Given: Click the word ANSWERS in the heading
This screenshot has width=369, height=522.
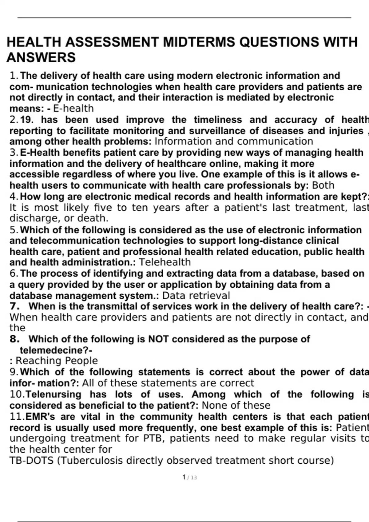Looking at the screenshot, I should [x=41, y=57].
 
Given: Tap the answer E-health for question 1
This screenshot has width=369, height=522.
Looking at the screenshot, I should [x=73, y=108].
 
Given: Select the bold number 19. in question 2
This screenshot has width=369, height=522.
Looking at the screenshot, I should [x=27, y=119].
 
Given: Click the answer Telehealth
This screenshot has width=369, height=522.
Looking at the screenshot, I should [x=165, y=262].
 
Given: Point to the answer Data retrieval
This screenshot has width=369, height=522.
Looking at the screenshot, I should [x=196, y=295].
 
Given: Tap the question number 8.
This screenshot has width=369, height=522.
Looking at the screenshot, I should [x=15, y=339].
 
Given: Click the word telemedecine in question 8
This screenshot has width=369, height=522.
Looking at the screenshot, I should [x=54, y=350].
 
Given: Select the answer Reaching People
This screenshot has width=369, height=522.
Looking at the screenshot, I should [x=57, y=361].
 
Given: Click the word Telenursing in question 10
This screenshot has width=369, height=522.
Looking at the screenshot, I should [x=54, y=394].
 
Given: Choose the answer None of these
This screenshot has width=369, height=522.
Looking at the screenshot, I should [x=236, y=405].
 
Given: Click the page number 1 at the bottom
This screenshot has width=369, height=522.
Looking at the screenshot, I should [x=184, y=477].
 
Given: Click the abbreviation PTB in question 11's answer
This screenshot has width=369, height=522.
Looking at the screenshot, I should [x=153, y=438].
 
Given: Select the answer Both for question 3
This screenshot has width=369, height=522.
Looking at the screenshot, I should [x=323, y=185].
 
